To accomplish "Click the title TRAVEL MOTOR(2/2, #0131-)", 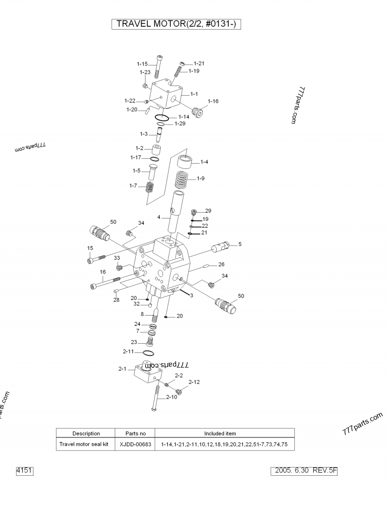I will tap(177, 24).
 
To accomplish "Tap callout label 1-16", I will tap(213, 101).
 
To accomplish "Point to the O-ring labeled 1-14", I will tap(162, 117).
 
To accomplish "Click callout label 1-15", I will tap(142, 64).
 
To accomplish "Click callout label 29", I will tap(208, 211).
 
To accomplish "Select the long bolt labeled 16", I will tap(104, 283).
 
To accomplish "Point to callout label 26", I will tap(221, 265).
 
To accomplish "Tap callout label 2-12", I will tap(194, 382).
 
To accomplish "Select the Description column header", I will tap(86, 434).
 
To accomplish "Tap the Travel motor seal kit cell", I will tap(86, 444).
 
